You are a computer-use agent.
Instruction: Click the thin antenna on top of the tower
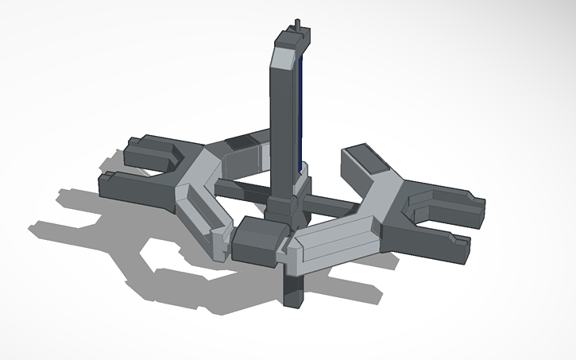298,25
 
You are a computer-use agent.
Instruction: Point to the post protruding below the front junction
292,290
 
